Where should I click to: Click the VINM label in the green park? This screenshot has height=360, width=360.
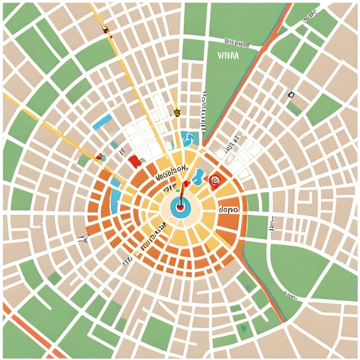(228, 55)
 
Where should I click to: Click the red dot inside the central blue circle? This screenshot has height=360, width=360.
(180, 208)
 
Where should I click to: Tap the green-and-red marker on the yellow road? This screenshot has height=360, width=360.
(105, 29)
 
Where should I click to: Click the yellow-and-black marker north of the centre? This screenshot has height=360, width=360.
(176, 112)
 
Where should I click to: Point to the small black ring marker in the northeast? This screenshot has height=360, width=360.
(291, 95)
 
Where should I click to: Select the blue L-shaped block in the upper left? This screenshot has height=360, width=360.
(102, 121)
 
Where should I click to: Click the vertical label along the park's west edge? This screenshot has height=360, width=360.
(205, 110)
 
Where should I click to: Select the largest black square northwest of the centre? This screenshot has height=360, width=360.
(157, 149)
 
